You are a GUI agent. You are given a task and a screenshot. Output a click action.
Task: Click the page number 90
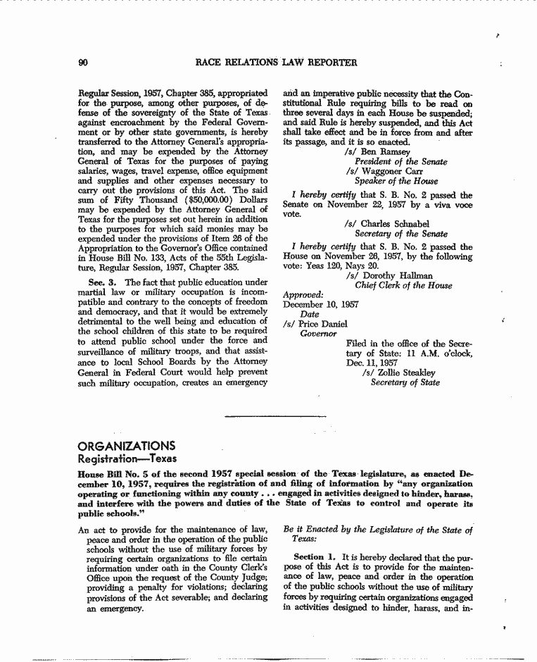point(82,63)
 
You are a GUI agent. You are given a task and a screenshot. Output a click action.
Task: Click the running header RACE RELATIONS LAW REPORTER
point(276,63)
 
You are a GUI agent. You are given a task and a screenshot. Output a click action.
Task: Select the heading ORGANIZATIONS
point(127,446)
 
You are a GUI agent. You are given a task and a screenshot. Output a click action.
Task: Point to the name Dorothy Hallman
point(408,276)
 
